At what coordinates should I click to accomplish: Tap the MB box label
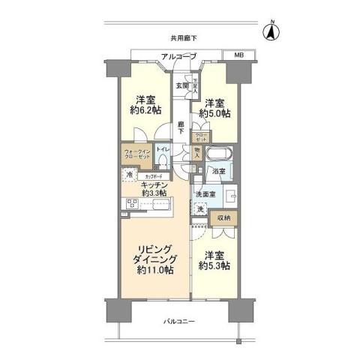pos(238,55)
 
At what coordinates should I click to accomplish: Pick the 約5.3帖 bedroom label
pos(214,260)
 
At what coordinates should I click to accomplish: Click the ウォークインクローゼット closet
pos(135,156)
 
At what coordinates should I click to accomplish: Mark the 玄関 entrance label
pos(182,85)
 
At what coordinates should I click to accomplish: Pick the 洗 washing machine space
pos(200,209)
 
